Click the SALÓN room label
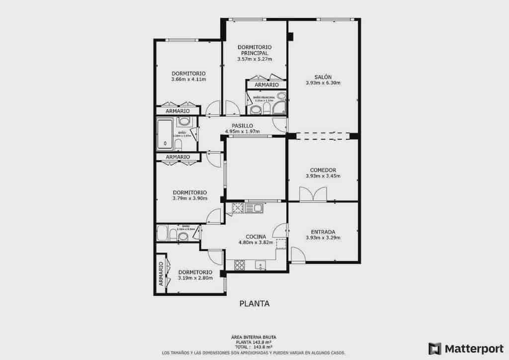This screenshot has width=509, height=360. [x=323, y=77]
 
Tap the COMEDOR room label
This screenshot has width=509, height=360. [x=323, y=170]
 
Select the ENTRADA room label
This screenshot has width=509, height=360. [x=323, y=232]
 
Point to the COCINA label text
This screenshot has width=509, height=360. [x=255, y=237]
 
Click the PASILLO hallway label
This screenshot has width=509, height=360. [x=242, y=126]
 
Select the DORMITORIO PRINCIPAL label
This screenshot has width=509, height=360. [x=254, y=50]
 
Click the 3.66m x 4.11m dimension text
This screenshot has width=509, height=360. [x=188, y=79]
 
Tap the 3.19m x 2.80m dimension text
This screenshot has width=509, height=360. [x=195, y=278]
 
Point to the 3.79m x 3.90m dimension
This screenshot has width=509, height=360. [x=190, y=198]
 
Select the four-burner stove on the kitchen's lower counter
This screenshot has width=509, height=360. [x=239, y=265]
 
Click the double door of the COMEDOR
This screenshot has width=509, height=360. [x=313, y=194]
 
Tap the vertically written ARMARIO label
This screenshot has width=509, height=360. [x=161, y=273]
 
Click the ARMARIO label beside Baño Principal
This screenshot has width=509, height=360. [x=266, y=85]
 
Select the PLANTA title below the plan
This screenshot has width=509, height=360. [x=254, y=303]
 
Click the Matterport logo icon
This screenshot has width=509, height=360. [x=434, y=348]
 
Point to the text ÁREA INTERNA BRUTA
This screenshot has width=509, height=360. [x=254, y=337]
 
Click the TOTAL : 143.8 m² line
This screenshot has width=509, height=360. [x=254, y=347]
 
